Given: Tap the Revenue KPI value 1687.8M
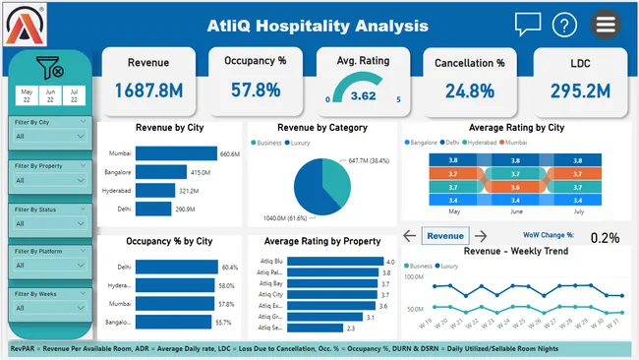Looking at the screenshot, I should (147, 90).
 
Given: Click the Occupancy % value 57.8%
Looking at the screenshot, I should (255, 90).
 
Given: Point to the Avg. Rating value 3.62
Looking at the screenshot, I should (363, 96).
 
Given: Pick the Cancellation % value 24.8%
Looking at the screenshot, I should (469, 90).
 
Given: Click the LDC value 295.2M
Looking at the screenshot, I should (578, 90).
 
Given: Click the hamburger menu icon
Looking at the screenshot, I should (604, 26).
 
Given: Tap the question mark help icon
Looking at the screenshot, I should (563, 26).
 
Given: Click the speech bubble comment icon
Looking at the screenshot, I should (528, 25).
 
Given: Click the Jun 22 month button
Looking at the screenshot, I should (49, 95).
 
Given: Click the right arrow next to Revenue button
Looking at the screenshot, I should (481, 236).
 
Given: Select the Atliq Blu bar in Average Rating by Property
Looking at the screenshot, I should (335, 261).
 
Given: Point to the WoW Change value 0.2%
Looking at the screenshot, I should (606, 237).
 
